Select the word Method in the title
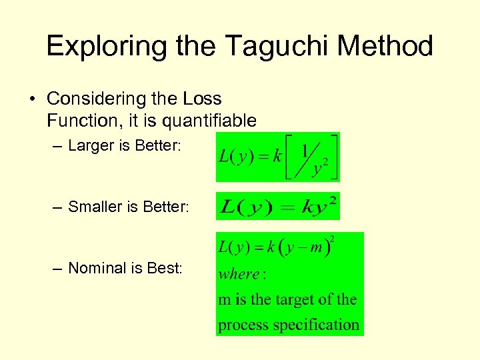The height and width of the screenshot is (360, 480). tap(386, 47)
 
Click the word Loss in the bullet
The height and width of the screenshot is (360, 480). tap(201, 99)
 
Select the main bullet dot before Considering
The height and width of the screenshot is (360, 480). tap(32, 99)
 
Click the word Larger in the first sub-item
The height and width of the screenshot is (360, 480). tap(91, 146)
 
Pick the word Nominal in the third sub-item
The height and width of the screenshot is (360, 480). tap(97, 268)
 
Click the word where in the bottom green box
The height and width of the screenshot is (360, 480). tap(238, 274)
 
